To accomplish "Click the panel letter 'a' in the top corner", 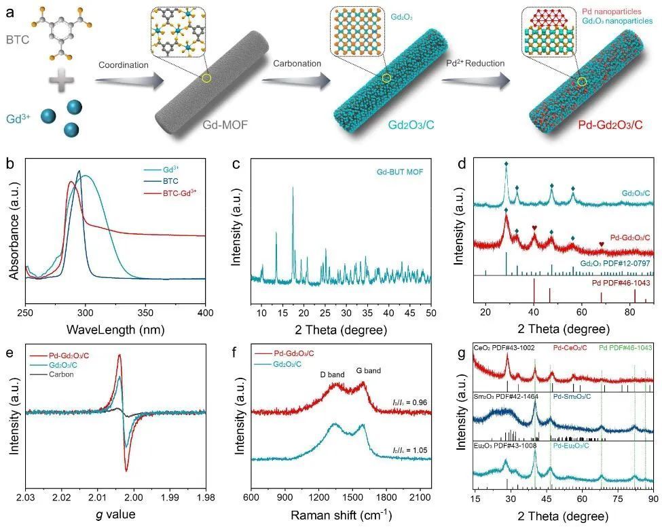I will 10,9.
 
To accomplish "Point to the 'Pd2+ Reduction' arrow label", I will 475,64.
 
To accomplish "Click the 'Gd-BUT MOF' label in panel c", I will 399,172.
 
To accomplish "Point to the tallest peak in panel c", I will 293,189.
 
